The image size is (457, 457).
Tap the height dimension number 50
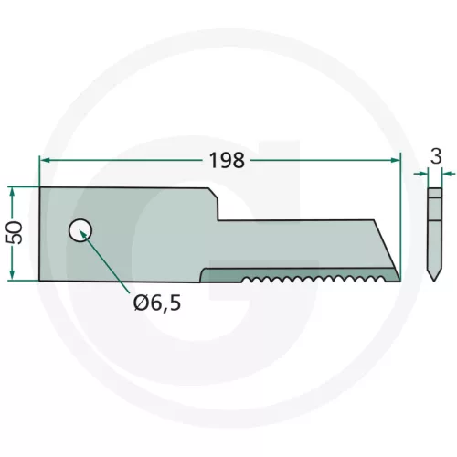(x=15, y=234)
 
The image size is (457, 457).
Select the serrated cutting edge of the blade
(x=311, y=278)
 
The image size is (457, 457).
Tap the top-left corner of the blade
(x=40, y=189)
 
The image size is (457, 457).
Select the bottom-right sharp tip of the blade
(x=399, y=280)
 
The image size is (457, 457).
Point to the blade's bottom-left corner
(x=40, y=280)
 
